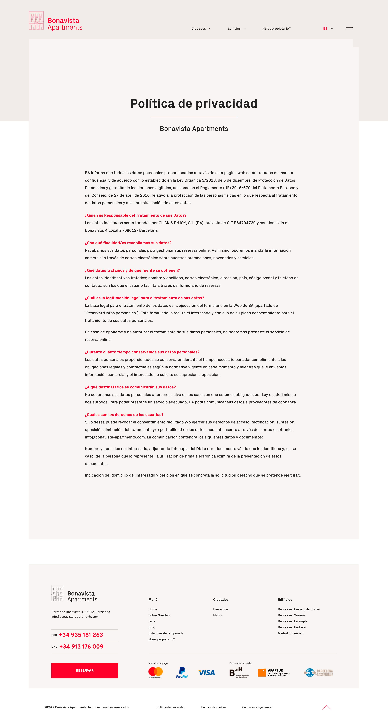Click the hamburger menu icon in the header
349,29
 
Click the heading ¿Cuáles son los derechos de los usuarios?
124,415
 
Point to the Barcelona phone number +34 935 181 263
81,635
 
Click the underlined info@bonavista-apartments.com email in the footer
75,617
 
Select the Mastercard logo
155,672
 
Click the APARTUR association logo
274,672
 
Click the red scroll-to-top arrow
326,707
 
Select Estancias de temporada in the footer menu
166,633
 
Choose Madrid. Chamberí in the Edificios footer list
291,633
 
